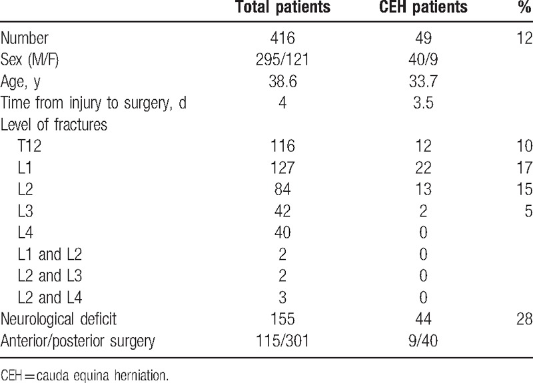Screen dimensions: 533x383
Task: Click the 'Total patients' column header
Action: pyautogui.click(x=282, y=7)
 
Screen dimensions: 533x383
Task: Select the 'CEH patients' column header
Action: pyautogui.click(x=423, y=7)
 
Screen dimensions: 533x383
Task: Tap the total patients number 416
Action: pyautogui.click(x=282, y=38)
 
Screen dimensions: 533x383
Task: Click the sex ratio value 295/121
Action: pyautogui.click(x=282, y=59)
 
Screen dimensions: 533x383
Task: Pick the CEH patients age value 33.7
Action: pyautogui.click(x=423, y=81)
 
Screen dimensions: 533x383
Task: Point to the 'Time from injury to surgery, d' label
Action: pyautogui.click(x=93, y=103)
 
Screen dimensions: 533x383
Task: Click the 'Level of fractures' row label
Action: pyautogui.click(x=54, y=125)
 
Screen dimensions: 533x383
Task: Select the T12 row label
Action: pyautogui.click(x=29, y=146)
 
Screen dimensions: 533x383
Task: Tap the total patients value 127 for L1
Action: pyautogui.click(x=282, y=168)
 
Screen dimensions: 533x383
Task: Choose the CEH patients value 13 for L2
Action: pyautogui.click(x=423, y=189)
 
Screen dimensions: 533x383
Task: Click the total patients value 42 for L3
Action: pyautogui.click(x=282, y=211)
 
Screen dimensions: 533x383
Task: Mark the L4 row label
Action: pyautogui.click(x=25, y=232)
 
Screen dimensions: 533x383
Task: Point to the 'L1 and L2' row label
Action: pyautogui.click(x=50, y=254)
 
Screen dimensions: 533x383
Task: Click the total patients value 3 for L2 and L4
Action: pyautogui.click(x=282, y=298)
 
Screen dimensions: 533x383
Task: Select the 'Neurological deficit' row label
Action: pyautogui.click(x=59, y=320)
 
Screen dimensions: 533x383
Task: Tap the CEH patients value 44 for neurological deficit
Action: pyautogui.click(x=423, y=320)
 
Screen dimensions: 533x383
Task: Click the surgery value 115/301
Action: pyautogui.click(x=282, y=341)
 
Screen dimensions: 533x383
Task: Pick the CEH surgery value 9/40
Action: pyautogui.click(x=423, y=341)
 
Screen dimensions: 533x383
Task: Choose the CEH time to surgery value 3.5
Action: pyautogui.click(x=423, y=103)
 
